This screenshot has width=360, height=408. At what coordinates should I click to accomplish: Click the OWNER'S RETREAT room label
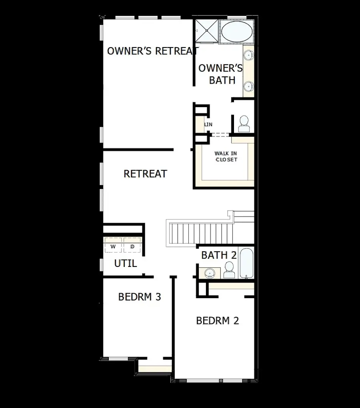coord(152,51)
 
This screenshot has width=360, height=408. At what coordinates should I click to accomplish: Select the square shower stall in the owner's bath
coord(207,30)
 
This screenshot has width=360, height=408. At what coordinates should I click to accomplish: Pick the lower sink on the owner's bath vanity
coord(248,85)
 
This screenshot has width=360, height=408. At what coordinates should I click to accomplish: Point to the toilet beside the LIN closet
coord(244,124)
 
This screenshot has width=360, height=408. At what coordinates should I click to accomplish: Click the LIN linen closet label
coord(208,125)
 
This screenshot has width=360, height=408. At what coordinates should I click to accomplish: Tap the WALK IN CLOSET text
coord(226,156)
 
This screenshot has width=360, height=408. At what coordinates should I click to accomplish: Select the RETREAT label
coord(145,174)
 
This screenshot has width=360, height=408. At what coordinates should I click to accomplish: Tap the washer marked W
coord(113,247)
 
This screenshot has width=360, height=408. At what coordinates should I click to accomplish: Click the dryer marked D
coord(132,247)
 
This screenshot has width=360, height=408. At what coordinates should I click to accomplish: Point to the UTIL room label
coord(125,264)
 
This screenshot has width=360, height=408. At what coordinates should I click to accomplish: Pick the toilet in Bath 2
coord(229,270)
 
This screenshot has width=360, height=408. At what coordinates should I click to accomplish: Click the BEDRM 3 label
coord(140,297)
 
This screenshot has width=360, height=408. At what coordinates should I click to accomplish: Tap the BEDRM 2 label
coord(217,320)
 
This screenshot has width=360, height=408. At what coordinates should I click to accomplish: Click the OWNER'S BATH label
coord(221,74)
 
